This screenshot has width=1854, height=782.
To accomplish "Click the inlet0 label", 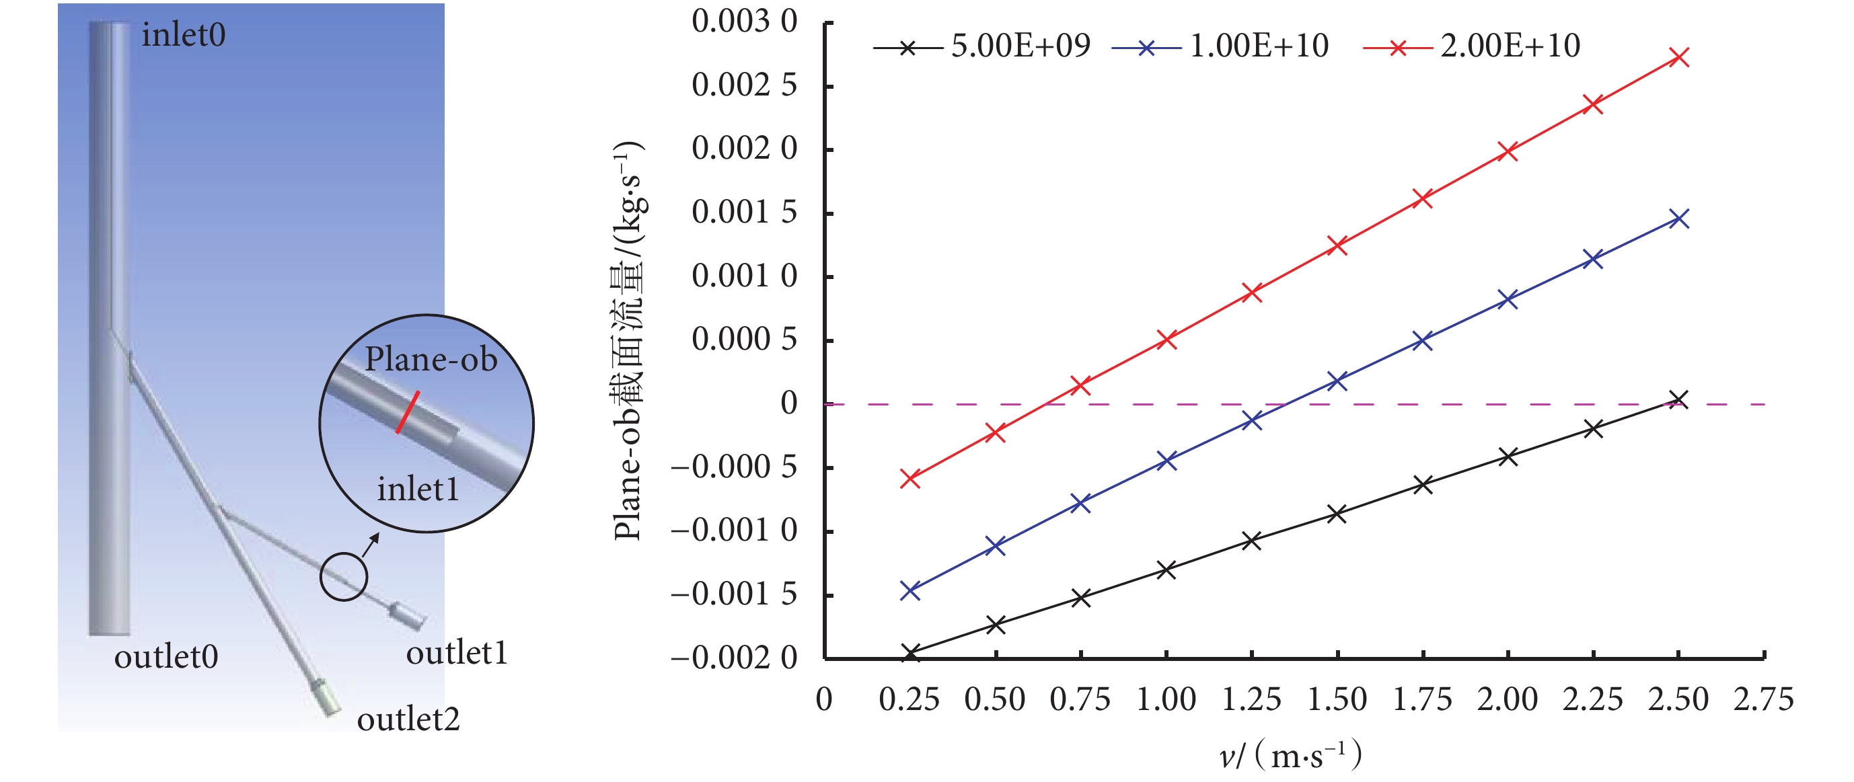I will [x=184, y=35].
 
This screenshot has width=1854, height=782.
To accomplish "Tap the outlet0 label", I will [x=166, y=657].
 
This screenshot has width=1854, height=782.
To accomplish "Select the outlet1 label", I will [x=457, y=653].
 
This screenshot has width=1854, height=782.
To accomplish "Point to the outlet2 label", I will [x=408, y=719].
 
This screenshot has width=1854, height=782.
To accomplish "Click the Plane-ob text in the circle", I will [x=431, y=359].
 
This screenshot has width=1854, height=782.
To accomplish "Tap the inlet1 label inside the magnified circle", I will [x=418, y=490].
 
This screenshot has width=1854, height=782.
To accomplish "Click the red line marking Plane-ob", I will [x=408, y=412].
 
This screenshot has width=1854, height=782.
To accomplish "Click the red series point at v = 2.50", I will [x=1679, y=58].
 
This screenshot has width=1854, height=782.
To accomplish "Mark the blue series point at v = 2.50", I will [x=1679, y=219].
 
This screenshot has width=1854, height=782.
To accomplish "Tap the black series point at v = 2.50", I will [x=1679, y=400].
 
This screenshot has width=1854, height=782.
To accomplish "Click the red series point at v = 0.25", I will [x=910, y=478].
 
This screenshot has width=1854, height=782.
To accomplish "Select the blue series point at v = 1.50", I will [x=1337, y=381].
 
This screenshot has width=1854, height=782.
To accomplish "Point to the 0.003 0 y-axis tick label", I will [x=744, y=22].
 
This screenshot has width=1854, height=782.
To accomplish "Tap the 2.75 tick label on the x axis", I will [x=1763, y=700].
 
